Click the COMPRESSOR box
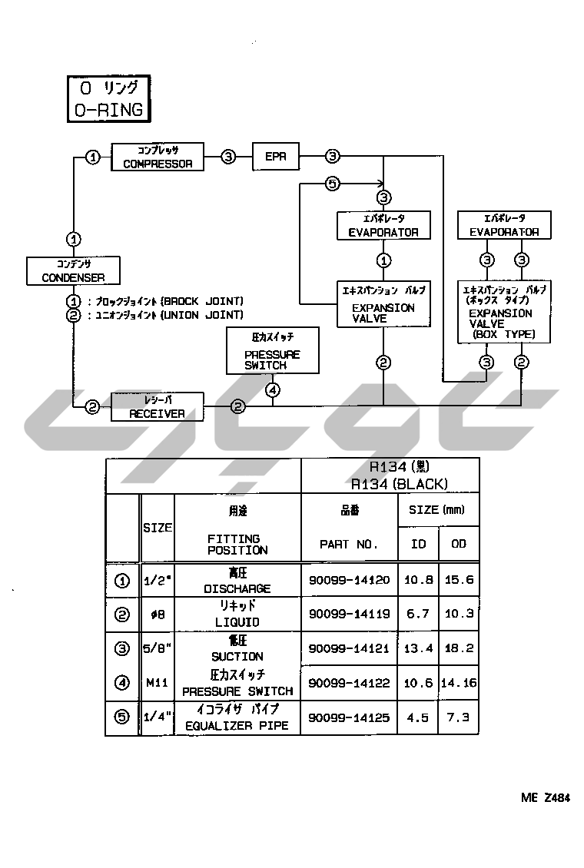158,157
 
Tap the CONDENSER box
74,270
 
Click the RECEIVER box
158,407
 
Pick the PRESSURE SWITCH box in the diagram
272,350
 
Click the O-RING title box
108,99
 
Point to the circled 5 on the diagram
332,184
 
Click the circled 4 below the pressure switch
273,389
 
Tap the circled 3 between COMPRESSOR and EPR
228,157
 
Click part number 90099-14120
349,581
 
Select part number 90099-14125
349,718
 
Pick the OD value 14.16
459,683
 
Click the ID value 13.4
418,648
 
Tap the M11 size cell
158,683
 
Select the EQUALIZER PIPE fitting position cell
237,718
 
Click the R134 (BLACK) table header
390,475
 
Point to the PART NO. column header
349,544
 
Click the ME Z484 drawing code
545,798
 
